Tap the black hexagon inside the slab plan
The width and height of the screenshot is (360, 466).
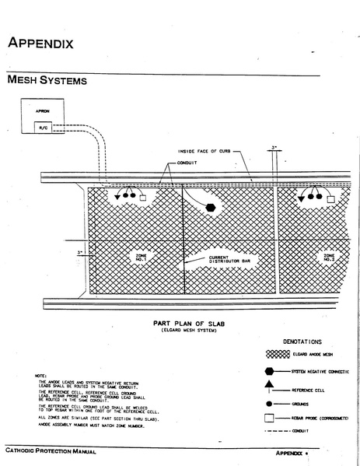tap(211, 208)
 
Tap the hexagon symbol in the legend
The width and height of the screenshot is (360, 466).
tap(278, 373)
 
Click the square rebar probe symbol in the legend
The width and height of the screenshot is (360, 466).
tap(278, 422)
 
